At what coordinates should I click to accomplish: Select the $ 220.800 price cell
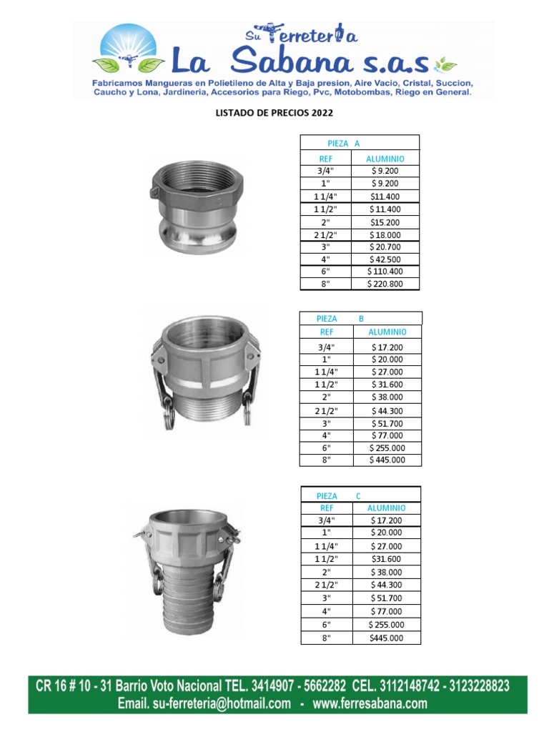[385, 284]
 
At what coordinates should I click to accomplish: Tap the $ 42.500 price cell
[385, 259]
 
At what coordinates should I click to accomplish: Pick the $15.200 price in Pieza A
[385, 223]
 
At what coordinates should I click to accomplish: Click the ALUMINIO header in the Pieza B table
[387, 332]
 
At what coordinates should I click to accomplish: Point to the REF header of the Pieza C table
[327, 508]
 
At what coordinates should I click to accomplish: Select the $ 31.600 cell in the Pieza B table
[387, 385]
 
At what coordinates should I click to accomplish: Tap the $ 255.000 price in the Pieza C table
[386, 625]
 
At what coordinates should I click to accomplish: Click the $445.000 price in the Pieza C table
[386, 638]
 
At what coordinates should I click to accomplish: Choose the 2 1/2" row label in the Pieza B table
[326, 411]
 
